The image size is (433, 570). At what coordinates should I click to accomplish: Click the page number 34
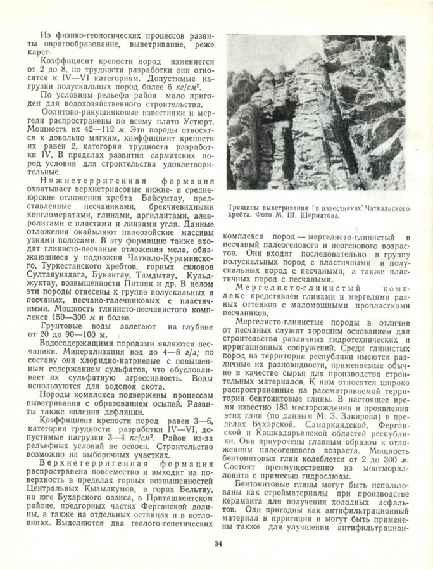tap(218, 543)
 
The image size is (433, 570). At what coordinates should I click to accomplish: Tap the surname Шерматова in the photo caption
tap(320, 215)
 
